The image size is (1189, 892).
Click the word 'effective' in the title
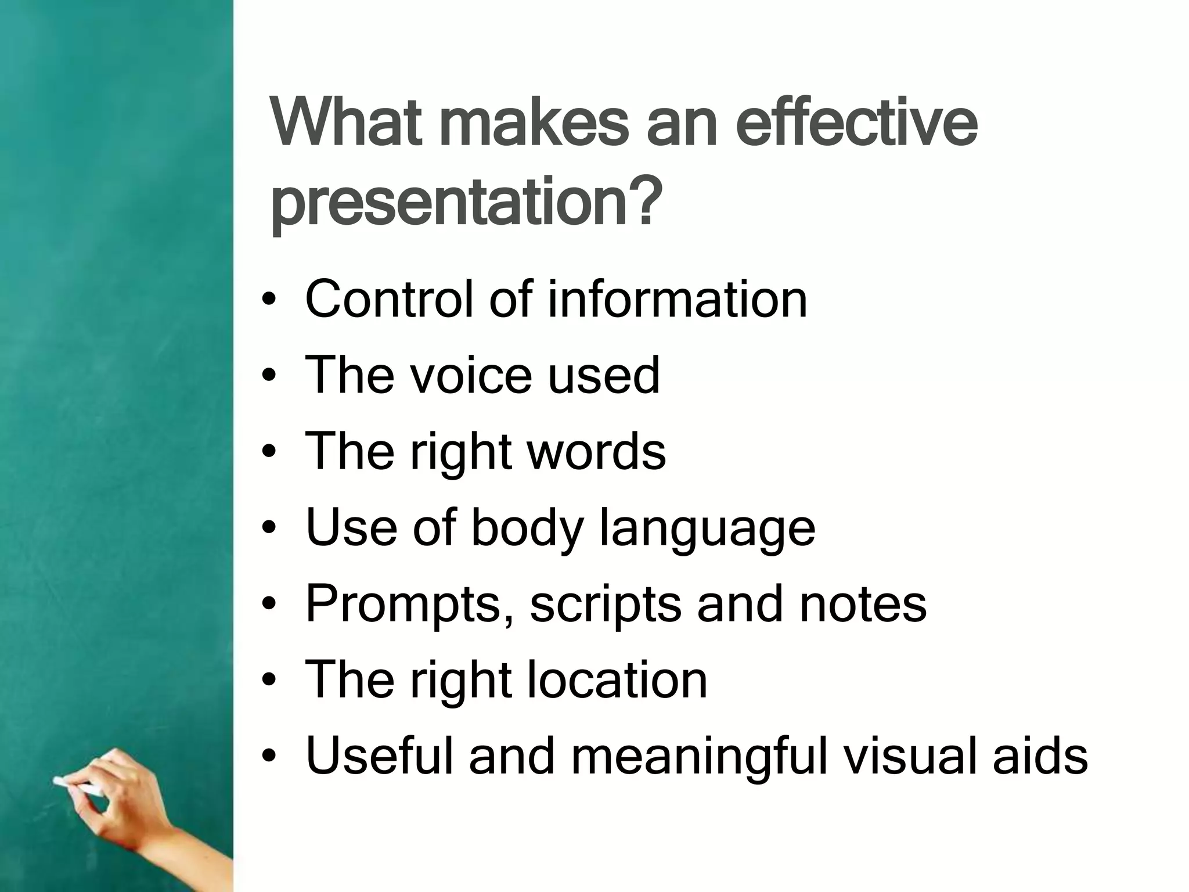860,125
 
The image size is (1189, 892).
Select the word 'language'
707,528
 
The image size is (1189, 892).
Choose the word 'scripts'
606,605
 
